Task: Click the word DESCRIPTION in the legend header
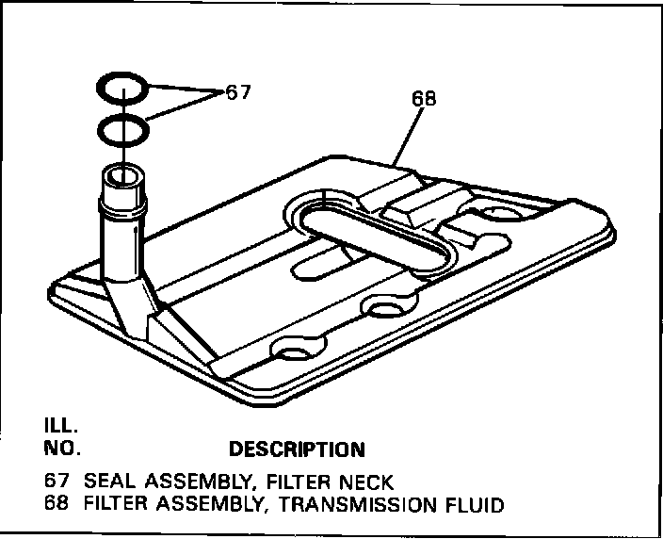point(297,449)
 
